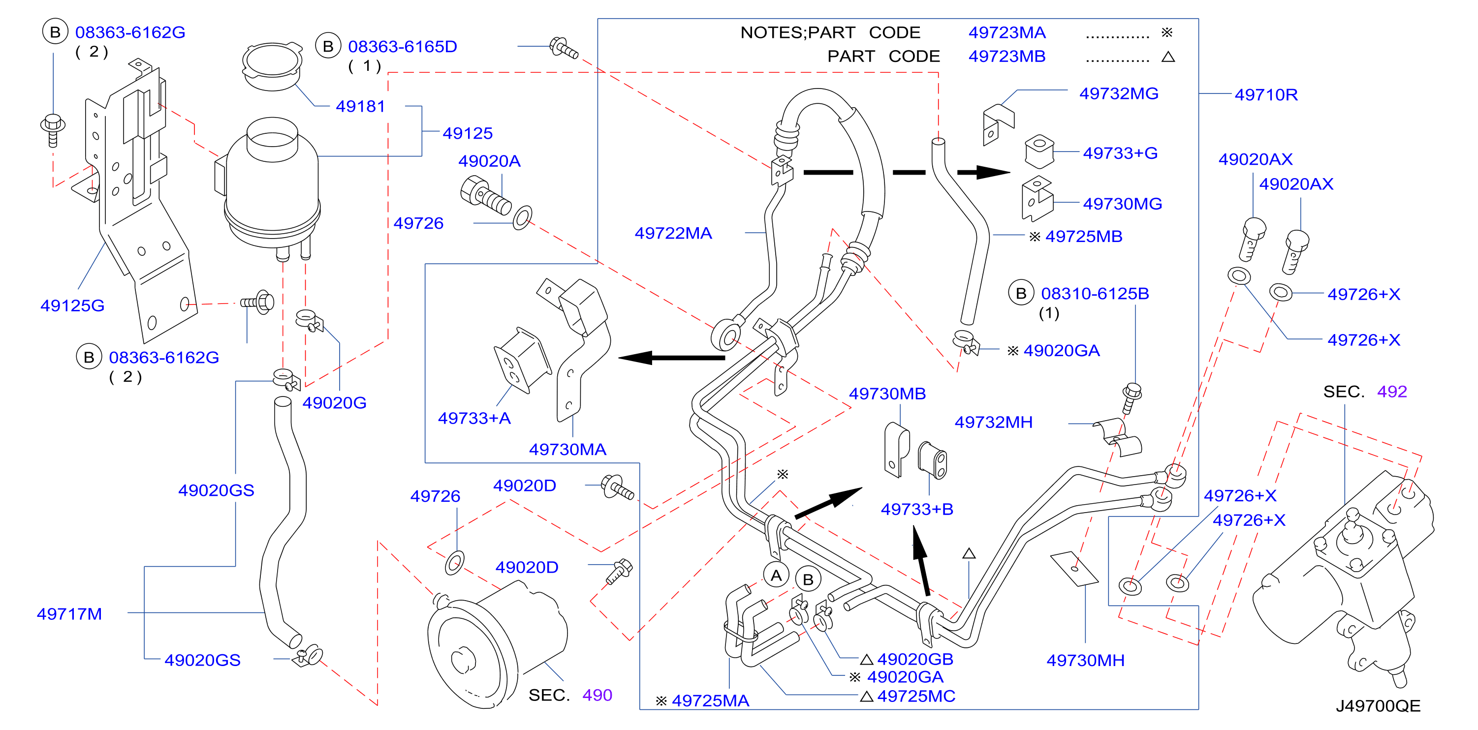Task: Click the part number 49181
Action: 360,107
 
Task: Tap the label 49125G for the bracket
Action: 72,305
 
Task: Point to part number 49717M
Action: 69,614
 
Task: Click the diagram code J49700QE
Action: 1378,706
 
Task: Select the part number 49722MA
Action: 673,233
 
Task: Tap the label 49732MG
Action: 1119,93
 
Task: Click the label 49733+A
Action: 474,418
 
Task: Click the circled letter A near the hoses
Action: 776,575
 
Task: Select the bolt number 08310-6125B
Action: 1095,294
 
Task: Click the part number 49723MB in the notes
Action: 1007,56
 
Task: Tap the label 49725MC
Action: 916,696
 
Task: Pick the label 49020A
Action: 489,161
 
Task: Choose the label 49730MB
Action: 887,394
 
